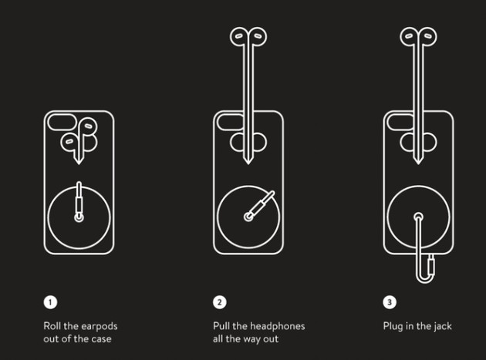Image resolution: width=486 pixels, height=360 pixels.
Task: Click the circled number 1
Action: pos(50,302)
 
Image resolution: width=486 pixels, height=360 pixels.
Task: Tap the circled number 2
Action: pos(220,302)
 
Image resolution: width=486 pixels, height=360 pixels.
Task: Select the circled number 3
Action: pos(390,302)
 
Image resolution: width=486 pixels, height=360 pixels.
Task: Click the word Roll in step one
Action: pos(52,326)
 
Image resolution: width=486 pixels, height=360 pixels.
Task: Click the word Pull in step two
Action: pos(221,326)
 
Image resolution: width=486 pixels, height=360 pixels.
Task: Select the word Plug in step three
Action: pos(393,327)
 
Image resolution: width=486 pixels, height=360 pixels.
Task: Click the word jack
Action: pos(442,327)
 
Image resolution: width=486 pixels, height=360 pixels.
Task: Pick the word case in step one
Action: pos(101,339)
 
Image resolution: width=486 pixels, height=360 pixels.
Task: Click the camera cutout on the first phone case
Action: pos(62,122)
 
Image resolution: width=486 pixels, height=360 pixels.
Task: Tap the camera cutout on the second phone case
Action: pos(230,122)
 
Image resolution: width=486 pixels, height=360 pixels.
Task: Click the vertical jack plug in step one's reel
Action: pos(79,199)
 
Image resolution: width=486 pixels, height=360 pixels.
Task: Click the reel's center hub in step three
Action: pos(418,217)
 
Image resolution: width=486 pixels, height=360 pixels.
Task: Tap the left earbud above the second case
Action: pos(239,36)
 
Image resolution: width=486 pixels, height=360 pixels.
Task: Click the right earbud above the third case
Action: pos(427,36)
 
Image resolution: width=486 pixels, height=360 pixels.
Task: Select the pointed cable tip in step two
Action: pos(248,161)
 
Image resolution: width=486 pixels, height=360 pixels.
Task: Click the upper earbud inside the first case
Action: pos(88,126)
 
